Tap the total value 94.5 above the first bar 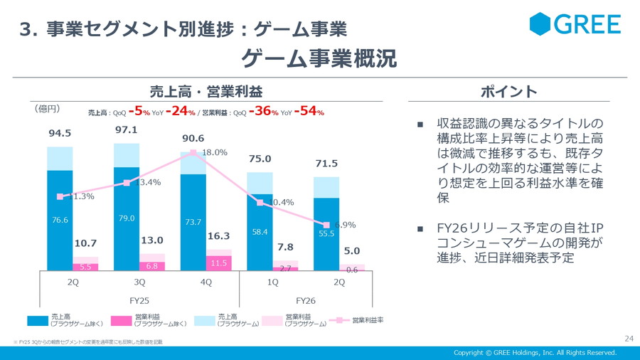point(60,133)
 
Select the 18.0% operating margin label point(215,152)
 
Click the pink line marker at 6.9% point(326,225)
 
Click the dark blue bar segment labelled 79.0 point(127,218)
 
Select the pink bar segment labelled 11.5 point(218,263)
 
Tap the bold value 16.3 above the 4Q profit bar point(218,236)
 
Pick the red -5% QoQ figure point(139,112)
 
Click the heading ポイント point(508,92)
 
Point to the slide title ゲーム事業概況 point(319,59)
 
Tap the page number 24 point(629,338)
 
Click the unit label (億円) point(47,109)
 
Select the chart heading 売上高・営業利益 point(206,92)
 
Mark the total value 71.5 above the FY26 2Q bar point(326,164)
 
